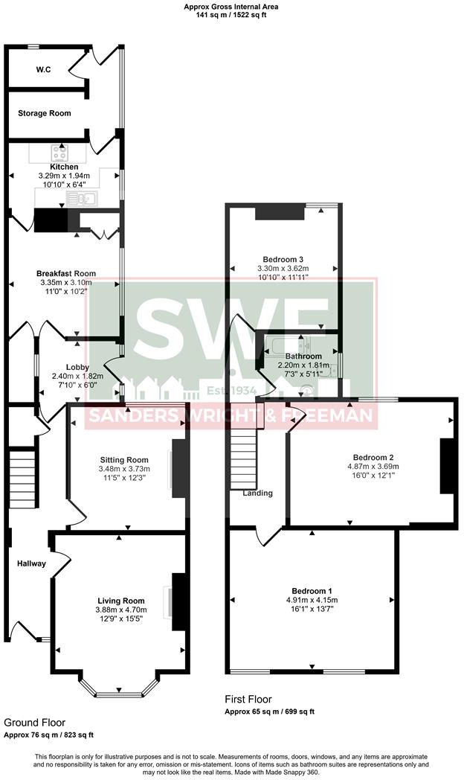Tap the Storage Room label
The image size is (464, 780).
pyautogui.click(x=45, y=113)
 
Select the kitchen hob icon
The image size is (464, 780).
pyautogui.click(x=59, y=152)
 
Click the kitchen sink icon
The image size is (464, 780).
pyautogui.click(x=80, y=198)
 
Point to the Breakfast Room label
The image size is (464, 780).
pyautogui.click(x=66, y=273)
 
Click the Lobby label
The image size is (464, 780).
pyautogui.click(x=77, y=367)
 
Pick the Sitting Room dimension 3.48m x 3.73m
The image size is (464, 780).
pyautogui.click(x=124, y=469)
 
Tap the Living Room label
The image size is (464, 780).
pyautogui.click(x=121, y=600)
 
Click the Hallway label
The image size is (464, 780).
pyautogui.click(x=32, y=563)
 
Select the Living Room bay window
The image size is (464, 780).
pyautogui.click(x=118, y=694)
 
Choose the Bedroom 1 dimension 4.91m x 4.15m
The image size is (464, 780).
pyautogui.click(x=312, y=600)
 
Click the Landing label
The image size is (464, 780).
pyautogui.click(x=257, y=493)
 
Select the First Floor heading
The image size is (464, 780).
pyautogui.click(x=248, y=700)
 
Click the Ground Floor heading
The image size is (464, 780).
pyautogui.click(x=34, y=722)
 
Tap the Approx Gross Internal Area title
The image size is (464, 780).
pyautogui.click(x=231, y=6)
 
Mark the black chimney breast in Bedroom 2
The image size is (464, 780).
pyautogui.click(x=447, y=467)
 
